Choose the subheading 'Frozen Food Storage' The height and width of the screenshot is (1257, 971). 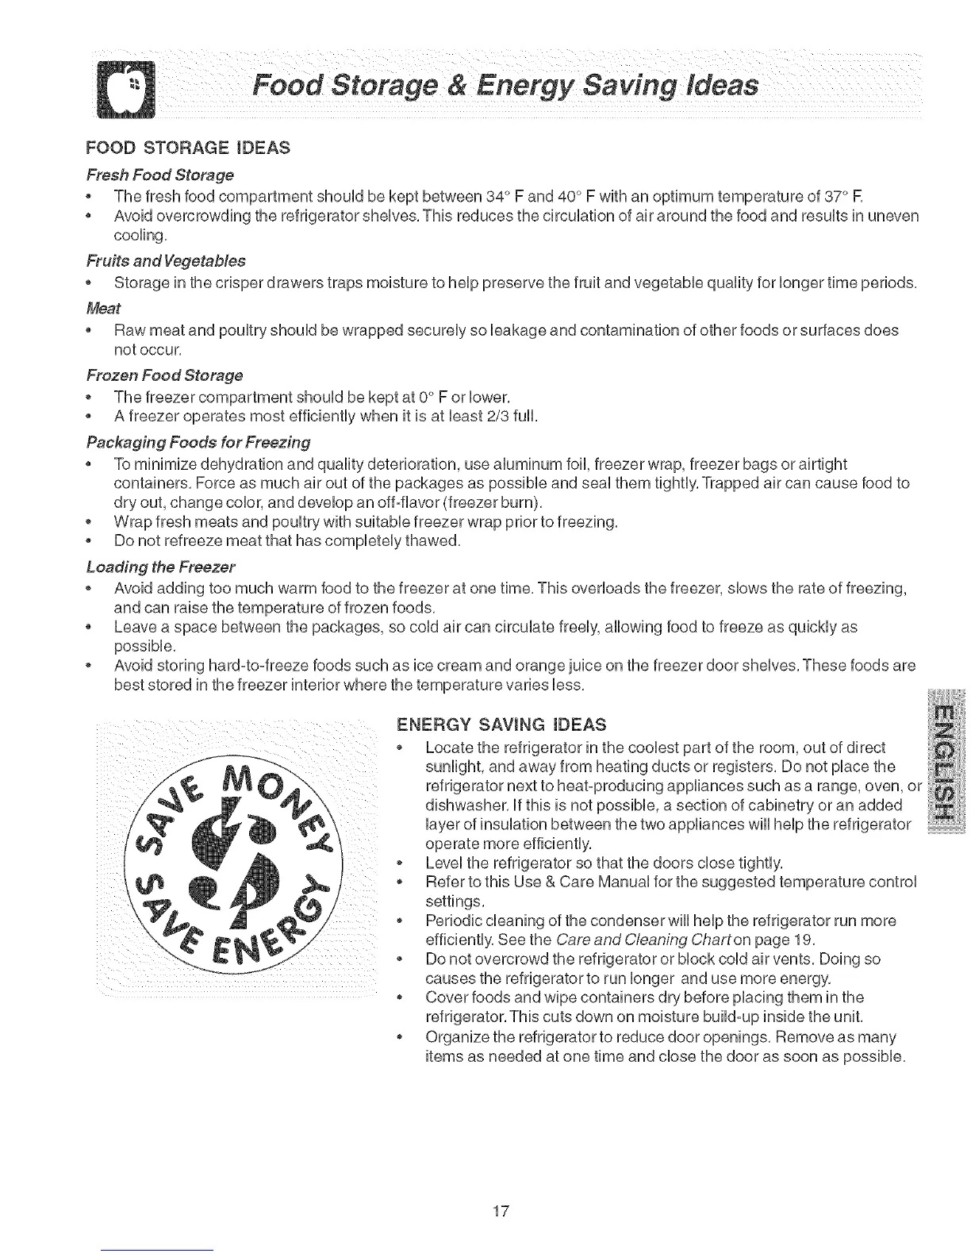[164, 375]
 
